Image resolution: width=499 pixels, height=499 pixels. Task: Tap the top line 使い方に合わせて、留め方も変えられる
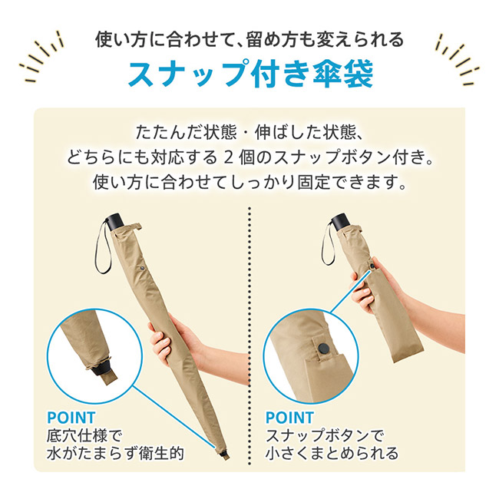[x=249, y=38]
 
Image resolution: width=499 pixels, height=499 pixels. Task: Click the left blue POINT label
[x=71, y=417]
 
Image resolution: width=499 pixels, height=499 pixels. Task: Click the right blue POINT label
[x=290, y=417]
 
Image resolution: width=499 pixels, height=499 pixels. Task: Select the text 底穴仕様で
[x=85, y=435]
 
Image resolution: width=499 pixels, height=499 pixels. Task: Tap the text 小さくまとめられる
[x=332, y=454]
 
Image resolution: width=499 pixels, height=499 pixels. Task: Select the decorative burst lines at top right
[x=456, y=58]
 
